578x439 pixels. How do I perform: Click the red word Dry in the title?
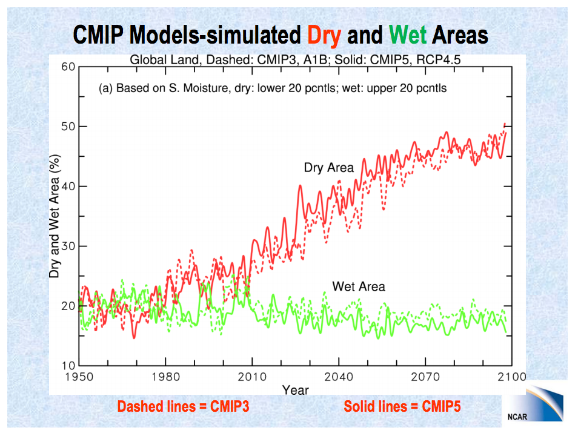[324, 35]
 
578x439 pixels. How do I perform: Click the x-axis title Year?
[296, 389]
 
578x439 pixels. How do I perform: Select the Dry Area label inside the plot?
[328, 168]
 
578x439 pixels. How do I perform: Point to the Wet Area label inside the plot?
[359, 286]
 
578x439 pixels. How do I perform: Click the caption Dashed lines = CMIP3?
[183, 406]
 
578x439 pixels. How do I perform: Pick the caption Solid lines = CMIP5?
[402, 406]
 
